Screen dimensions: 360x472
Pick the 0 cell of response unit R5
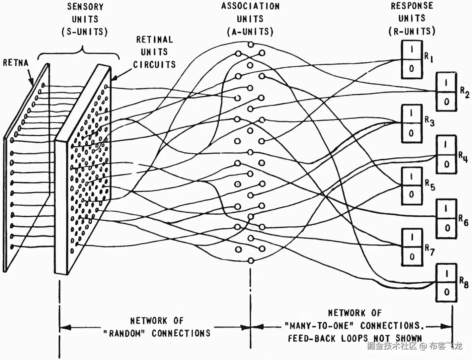coord(411,195)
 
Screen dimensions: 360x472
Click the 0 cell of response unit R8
coord(447,292)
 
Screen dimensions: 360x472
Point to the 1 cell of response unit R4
coord(446,145)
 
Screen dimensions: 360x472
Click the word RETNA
coord(15,63)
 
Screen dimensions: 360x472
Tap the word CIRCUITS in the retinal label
coord(154,64)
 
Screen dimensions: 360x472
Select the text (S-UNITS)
coord(84,32)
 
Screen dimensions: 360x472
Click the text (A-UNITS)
coord(250,32)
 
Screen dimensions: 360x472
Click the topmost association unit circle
coord(250,44)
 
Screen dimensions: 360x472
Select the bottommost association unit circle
coord(250,260)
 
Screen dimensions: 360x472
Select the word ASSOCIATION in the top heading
coord(250,6)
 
